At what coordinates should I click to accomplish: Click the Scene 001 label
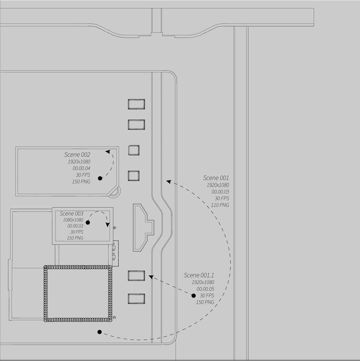(216, 178)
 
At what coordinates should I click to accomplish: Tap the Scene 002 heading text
(77, 155)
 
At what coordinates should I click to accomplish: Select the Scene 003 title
(71, 213)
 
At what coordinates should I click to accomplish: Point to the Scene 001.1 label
(199, 275)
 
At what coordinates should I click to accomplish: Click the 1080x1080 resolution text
(74, 220)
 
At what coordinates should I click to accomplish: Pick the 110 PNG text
(220, 205)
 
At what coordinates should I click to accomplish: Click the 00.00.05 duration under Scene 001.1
(205, 289)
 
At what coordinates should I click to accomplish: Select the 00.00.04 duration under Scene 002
(81, 168)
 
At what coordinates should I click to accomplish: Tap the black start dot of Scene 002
(100, 178)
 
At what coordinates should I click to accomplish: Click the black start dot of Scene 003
(88, 223)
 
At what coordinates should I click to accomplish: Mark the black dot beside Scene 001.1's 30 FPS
(193, 296)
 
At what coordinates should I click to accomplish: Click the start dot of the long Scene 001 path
(99, 332)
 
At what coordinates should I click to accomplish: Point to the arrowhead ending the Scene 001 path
(168, 181)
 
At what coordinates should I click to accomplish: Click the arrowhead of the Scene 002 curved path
(108, 151)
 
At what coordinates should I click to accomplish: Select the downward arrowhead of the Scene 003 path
(108, 224)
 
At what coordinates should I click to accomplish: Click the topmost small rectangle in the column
(136, 104)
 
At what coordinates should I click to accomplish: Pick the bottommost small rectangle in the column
(136, 299)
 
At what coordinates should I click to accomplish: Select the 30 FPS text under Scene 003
(76, 232)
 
